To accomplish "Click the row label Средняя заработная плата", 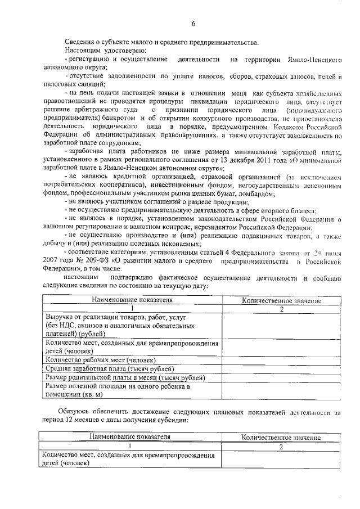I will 101,368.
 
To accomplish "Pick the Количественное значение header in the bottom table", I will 281,437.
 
